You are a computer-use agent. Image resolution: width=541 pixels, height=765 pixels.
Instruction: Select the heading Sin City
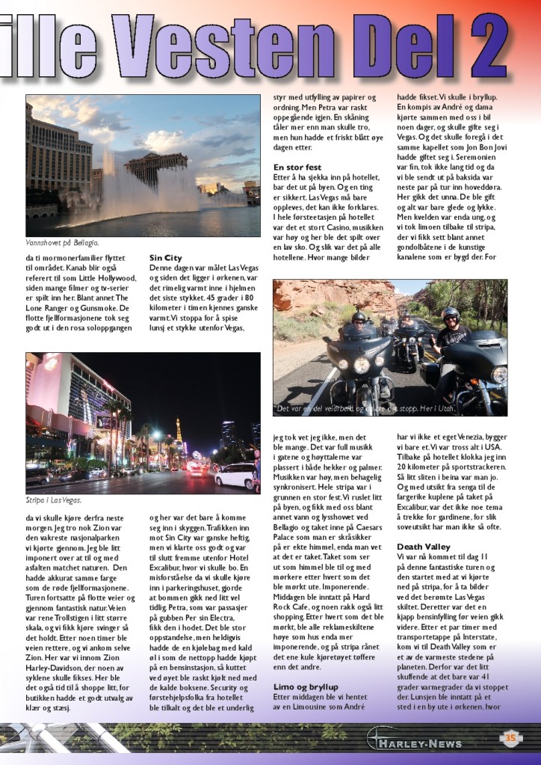click(165, 258)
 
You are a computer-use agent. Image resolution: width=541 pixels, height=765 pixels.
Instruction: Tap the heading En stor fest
click(297, 167)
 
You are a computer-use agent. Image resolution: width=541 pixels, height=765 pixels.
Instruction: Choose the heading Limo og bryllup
click(306, 686)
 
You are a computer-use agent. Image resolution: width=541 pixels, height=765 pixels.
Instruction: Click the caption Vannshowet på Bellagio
click(62, 243)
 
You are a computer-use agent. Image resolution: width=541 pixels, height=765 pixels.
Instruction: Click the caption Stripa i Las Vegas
click(54, 500)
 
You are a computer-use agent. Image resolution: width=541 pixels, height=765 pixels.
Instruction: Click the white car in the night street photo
click(235, 476)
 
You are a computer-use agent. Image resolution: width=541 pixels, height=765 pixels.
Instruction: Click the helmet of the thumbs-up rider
click(450, 314)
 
